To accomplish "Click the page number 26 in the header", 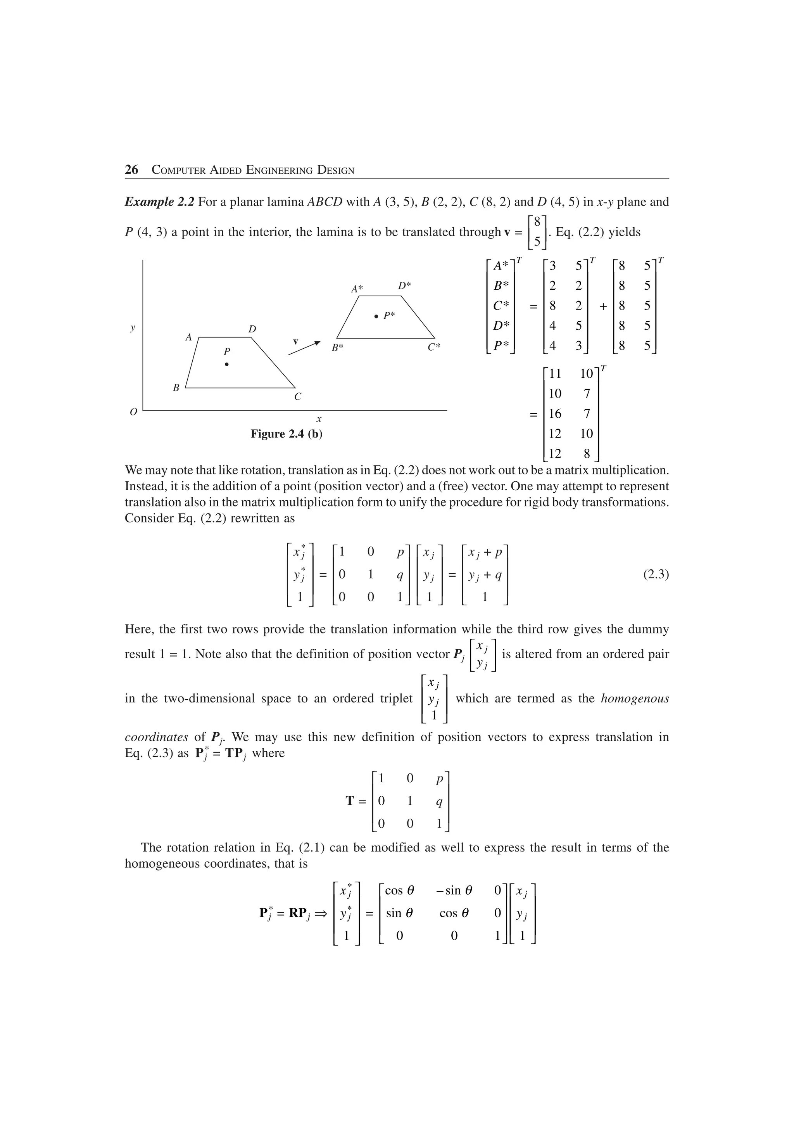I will (x=131, y=170).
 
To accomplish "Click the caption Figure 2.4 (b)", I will (x=286, y=434).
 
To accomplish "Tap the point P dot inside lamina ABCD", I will (x=226, y=364).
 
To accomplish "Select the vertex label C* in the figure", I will (x=434, y=347).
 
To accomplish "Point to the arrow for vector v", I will (x=304, y=348).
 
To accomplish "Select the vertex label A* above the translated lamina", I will (x=357, y=289).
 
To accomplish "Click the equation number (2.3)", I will (x=656, y=574).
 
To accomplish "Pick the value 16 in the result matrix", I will (x=555, y=414).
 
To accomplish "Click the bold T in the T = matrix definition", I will (x=350, y=801).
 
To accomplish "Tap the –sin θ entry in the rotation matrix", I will (x=454, y=890).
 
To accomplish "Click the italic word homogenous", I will (x=635, y=698).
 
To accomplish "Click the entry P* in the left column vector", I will (x=501, y=346).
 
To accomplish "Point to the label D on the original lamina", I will (x=252, y=329).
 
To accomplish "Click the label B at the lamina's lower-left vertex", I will (x=176, y=388).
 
